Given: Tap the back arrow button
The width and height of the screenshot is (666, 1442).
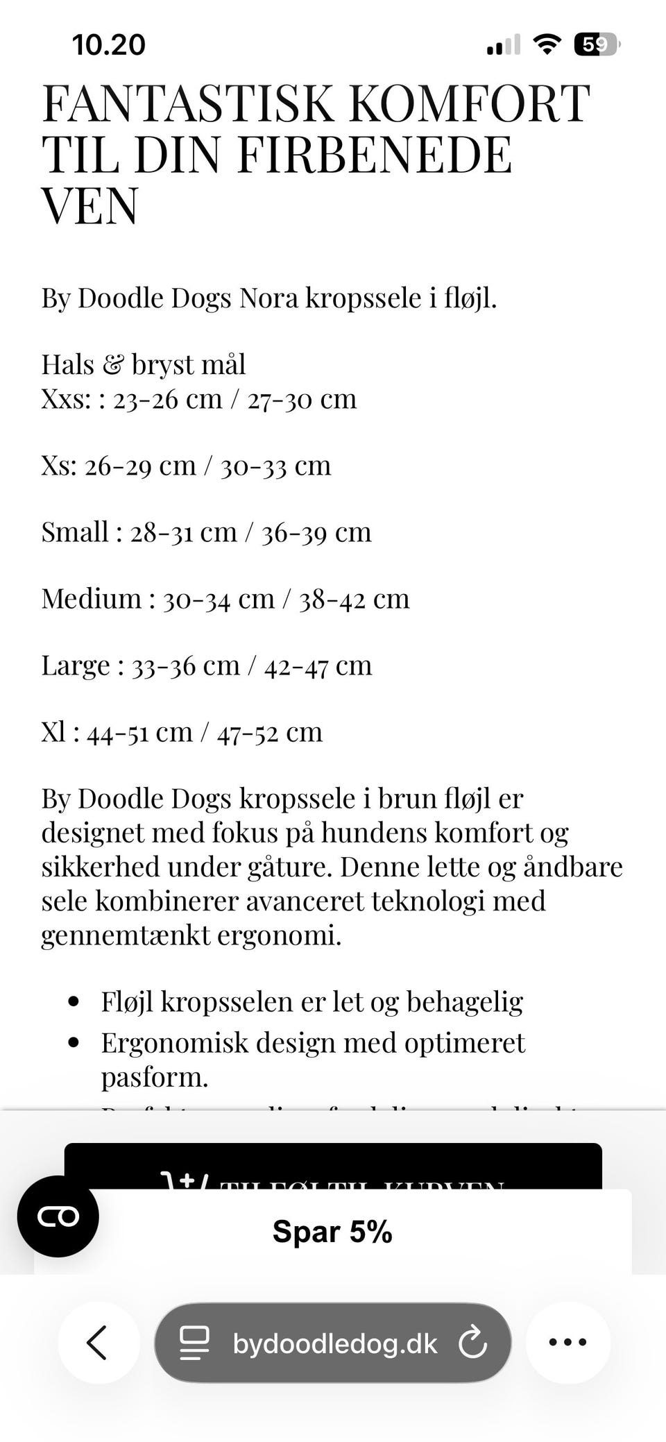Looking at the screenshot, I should pyautogui.click(x=98, y=1342).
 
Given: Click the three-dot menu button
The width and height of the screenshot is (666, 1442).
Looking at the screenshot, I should pyautogui.click(x=567, y=1342).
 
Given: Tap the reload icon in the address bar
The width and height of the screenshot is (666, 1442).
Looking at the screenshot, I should pyautogui.click(x=473, y=1342).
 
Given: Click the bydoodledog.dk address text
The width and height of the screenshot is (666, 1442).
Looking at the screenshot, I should pyautogui.click(x=335, y=1343).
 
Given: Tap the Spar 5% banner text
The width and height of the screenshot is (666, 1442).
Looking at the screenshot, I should pyautogui.click(x=332, y=1232).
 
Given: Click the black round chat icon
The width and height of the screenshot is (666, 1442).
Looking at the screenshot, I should pyautogui.click(x=58, y=1216).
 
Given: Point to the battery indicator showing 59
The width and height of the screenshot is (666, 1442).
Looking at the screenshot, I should pyautogui.click(x=595, y=45).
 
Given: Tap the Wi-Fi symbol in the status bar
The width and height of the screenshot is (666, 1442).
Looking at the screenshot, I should pyautogui.click(x=547, y=45).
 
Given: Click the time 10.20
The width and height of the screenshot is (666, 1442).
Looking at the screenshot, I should pyautogui.click(x=109, y=45).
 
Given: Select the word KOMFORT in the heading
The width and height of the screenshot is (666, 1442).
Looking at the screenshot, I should pyautogui.click(x=469, y=104).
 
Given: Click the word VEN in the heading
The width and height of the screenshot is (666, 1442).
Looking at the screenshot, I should pyautogui.click(x=90, y=205).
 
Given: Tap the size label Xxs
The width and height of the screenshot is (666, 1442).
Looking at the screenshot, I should pyautogui.click(x=65, y=399).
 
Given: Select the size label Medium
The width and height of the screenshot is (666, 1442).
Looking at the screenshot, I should pyautogui.click(x=91, y=598).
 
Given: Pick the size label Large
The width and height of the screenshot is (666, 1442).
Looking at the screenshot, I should pyautogui.click(x=76, y=665).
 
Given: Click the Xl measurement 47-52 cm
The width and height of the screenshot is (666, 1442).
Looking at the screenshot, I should pyautogui.click(x=270, y=732).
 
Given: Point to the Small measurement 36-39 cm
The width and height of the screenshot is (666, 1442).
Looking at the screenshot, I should pyautogui.click(x=316, y=532).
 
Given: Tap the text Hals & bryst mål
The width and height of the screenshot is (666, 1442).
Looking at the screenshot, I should pyautogui.click(x=144, y=364).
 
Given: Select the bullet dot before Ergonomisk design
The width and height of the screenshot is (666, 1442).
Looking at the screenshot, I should pyautogui.click(x=74, y=1043).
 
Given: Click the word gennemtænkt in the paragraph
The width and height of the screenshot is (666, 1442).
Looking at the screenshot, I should pyautogui.click(x=125, y=935).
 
